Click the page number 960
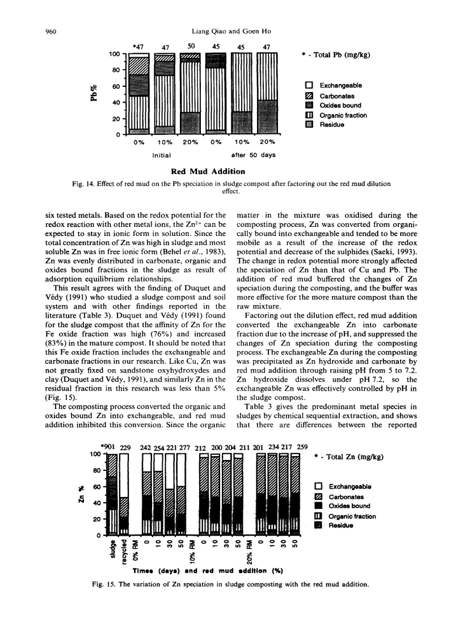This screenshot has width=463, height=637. coord(51,31)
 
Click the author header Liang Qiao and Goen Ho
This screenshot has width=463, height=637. coord(231,31)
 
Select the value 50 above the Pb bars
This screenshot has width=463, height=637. coord(191,47)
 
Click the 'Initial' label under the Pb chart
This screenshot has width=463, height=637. coord(162,154)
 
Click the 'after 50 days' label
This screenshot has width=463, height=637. coord(253,154)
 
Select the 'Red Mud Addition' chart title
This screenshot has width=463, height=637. coord(208,171)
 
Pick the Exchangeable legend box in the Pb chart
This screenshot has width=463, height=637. coord(309,86)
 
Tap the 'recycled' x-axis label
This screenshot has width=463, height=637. coord(123,551)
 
